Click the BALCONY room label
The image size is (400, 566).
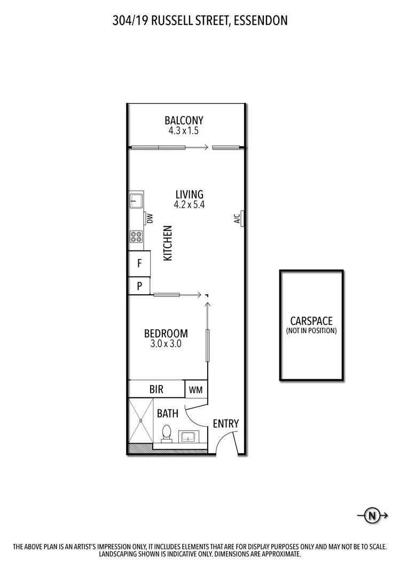(184, 120)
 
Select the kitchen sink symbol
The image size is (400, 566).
(135, 201)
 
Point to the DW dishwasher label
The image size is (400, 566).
(150, 218)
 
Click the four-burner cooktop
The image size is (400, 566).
(136, 236)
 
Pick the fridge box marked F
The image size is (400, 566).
(139, 263)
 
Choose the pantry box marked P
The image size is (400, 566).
(139, 286)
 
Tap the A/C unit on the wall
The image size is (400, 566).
(242, 218)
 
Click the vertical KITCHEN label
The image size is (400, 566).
(168, 243)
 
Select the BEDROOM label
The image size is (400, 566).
(166, 334)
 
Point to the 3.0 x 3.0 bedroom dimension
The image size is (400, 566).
(166, 344)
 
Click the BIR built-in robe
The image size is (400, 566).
(156, 389)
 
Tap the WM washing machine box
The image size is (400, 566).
(195, 390)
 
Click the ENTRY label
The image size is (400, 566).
(225, 424)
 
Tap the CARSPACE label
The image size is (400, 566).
(311, 321)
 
